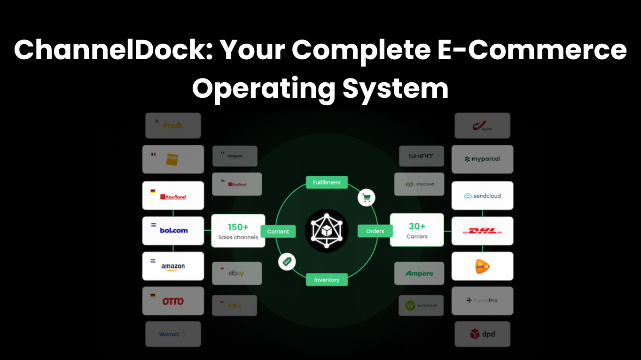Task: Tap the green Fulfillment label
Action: tap(327, 182)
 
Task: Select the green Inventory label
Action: tap(327, 280)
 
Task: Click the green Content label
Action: tap(278, 231)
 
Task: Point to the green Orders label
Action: tap(375, 231)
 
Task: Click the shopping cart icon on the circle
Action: tap(367, 198)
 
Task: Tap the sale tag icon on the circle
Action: tap(287, 261)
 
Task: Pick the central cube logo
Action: tap(327, 231)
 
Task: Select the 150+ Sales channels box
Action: tap(238, 231)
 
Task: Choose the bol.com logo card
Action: tap(173, 230)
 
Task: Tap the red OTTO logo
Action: tap(173, 301)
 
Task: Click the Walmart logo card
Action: tap(173, 334)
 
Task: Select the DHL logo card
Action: tap(482, 231)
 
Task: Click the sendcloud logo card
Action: tap(482, 196)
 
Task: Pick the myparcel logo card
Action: tap(482, 159)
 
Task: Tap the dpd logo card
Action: tap(482, 334)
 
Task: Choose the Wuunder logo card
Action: tap(421, 305)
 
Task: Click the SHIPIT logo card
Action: tap(421, 156)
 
